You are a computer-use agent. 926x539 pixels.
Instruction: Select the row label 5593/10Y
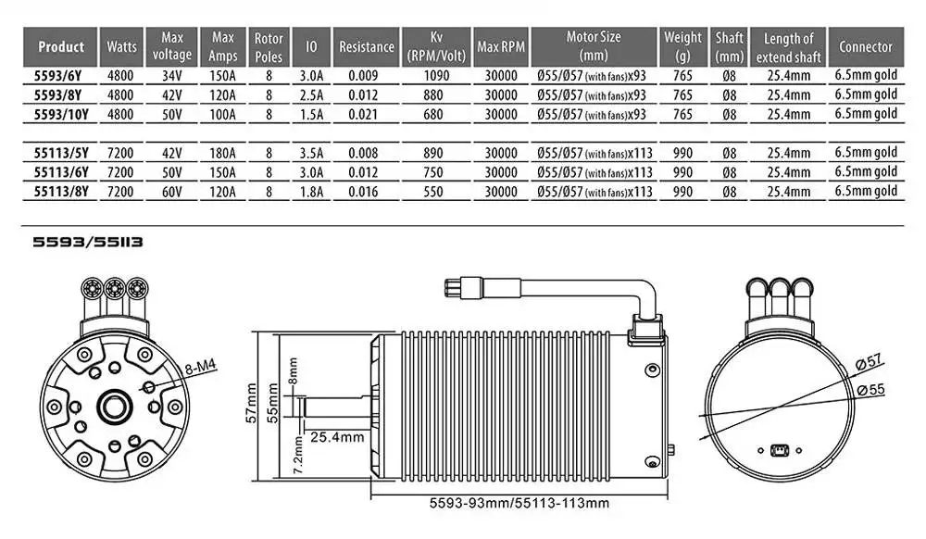click(61, 115)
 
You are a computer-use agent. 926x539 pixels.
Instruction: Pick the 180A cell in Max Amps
click(223, 155)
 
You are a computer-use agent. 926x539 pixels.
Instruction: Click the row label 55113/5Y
click(61, 155)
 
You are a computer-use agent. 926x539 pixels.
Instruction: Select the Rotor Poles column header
click(269, 46)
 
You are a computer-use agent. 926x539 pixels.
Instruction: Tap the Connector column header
click(866, 46)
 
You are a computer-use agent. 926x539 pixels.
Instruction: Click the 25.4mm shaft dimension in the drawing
click(336, 436)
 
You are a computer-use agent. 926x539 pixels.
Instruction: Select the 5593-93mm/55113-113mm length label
click(520, 504)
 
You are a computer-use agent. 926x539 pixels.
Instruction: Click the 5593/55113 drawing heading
click(87, 243)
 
